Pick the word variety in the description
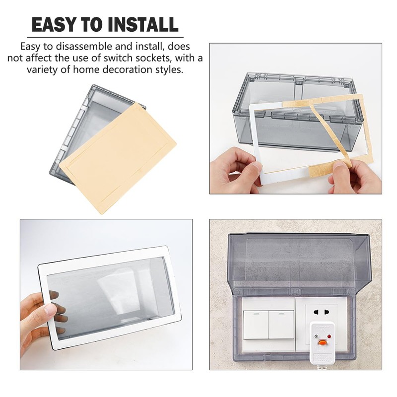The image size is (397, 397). click(43, 70)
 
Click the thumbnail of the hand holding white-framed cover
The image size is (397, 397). click(106, 294)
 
